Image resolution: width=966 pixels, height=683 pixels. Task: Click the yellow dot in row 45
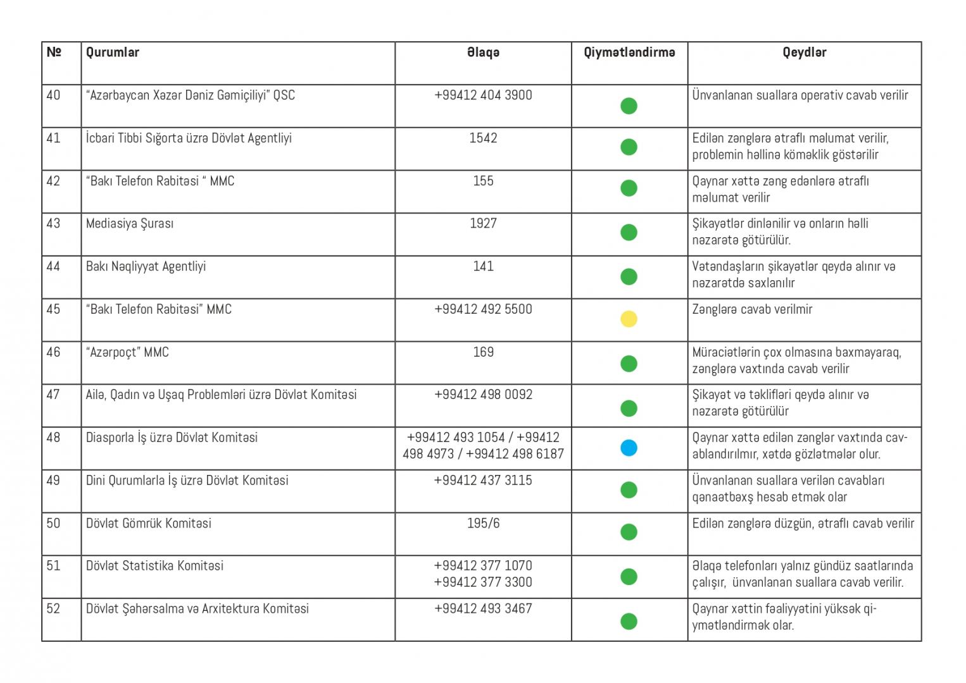tap(628, 319)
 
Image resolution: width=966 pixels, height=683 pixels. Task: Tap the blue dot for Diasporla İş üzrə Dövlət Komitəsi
tap(628, 448)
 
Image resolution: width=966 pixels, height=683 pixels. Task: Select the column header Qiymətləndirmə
tap(629, 52)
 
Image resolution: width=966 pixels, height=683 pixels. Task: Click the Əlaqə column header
tap(483, 52)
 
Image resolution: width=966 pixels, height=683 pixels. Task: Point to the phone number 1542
tap(483, 138)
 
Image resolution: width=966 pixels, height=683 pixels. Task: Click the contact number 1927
tap(483, 223)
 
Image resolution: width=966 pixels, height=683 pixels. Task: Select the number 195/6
tap(483, 523)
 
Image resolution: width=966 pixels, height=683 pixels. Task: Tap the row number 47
tap(53, 395)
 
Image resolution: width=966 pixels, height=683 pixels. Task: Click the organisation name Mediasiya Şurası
tap(129, 223)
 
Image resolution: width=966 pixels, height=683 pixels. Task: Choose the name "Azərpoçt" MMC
tap(127, 352)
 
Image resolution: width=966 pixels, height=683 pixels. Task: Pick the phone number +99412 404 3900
tap(483, 95)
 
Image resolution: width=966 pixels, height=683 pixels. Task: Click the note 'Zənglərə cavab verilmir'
tap(751, 309)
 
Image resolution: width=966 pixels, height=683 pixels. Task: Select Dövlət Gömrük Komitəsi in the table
tap(148, 523)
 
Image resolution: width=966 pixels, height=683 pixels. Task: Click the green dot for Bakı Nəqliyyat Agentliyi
tap(628, 276)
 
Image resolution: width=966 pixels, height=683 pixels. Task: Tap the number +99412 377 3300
tap(483, 582)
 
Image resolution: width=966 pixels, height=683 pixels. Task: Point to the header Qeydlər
tap(804, 52)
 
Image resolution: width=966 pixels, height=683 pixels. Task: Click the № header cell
tap(54, 52)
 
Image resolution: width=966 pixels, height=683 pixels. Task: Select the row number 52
tap(53, 608)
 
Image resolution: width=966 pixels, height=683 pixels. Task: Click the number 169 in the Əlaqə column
tap(483, 352)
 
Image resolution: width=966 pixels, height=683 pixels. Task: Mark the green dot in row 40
tap(628, 106)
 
